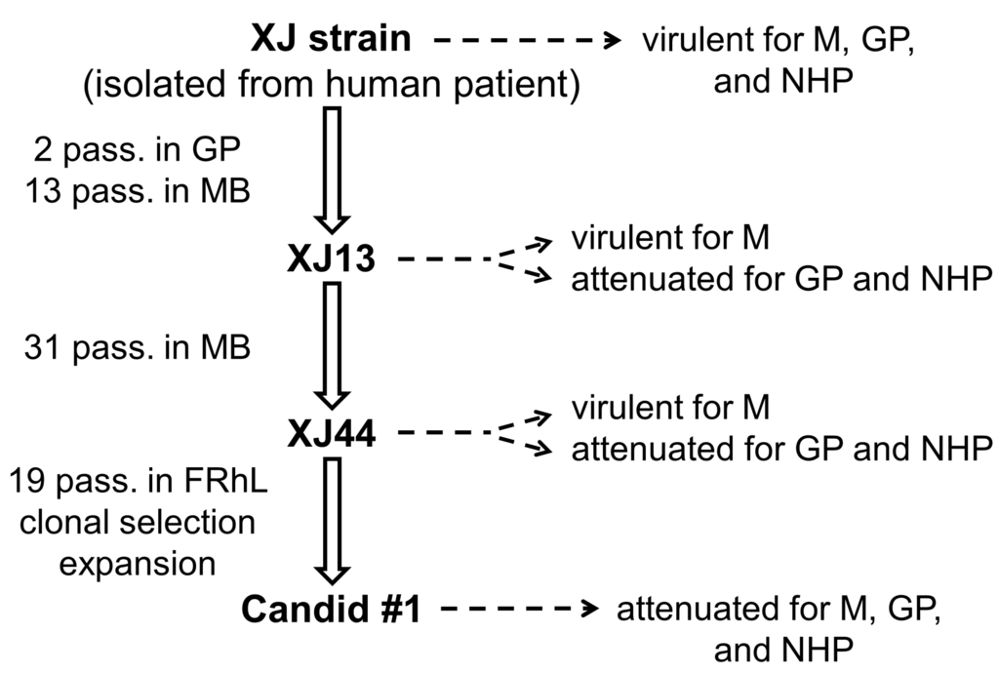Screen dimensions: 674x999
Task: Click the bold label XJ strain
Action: tap(331, 40)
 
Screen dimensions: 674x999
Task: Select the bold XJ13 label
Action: tap(332, 260)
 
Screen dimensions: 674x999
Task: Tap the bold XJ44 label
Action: tap(332, 432)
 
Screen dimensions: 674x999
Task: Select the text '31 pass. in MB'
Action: tap(137, 347)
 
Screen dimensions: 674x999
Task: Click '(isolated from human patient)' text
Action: tap(332, 86)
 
